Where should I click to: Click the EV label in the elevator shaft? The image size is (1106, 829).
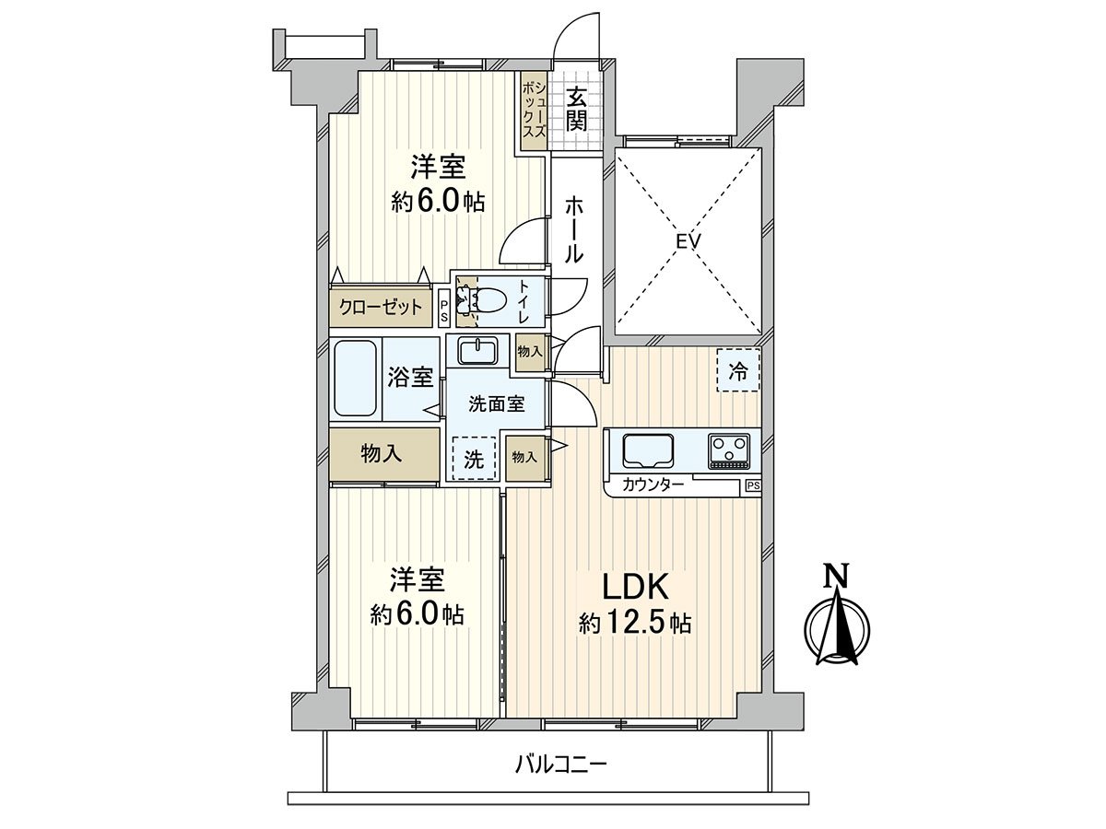pos(688,241)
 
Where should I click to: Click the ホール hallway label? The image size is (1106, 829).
pos(573,229)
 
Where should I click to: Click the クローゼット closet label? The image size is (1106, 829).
pos(381,307)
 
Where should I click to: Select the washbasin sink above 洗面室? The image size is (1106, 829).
pos(477,351)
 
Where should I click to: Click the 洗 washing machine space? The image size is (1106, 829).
pos(473,460)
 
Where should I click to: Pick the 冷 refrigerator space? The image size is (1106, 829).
pos(738,370)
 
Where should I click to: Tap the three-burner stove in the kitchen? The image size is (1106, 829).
pos(729,450)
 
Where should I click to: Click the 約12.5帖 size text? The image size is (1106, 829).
pos(635,624)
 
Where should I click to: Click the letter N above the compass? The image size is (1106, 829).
pos(836,577)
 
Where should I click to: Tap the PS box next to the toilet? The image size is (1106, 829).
pos(444,308)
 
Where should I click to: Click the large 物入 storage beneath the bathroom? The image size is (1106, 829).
pos(381,453)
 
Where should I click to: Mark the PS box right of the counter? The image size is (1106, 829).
pos(753,485)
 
